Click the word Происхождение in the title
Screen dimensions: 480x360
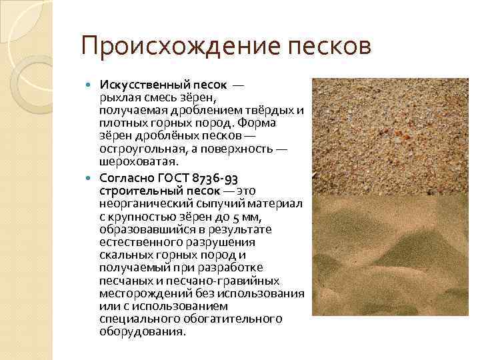coord(181,47)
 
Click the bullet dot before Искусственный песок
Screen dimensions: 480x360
coord(89,85)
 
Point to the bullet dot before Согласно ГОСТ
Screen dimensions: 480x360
coord(89,178)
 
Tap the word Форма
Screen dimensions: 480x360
coord(257,123)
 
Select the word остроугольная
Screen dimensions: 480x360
coord(143,149)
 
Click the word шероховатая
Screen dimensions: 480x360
coord(139,161)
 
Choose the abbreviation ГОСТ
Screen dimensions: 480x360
coord(173,178)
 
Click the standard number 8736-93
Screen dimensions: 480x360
coord(215,179)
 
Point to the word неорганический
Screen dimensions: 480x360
coord(146,204)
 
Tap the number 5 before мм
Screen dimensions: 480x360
coord(236,217)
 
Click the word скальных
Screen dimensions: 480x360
coord(127,255)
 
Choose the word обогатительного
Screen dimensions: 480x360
coord(233,319)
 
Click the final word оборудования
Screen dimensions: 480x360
coord(143,332)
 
